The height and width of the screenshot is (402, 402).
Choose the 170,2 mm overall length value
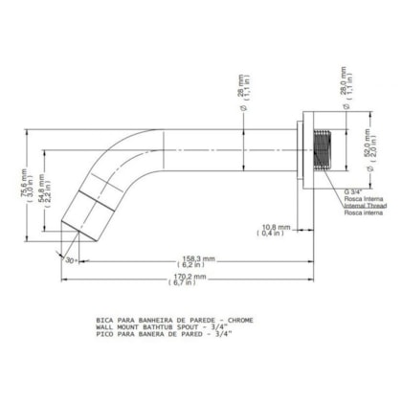pos(183,275)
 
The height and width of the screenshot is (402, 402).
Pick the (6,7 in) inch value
pos(183,284)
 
